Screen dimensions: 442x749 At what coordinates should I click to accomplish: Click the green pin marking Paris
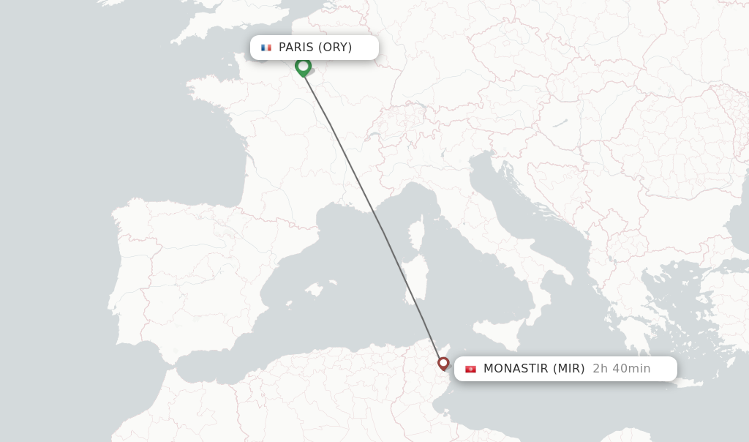click(303, 67)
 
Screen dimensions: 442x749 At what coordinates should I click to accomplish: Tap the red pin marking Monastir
click(443, 363)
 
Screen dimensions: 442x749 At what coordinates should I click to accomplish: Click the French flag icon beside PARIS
click(266, 48)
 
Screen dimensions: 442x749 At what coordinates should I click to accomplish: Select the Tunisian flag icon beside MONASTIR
click(470, 369)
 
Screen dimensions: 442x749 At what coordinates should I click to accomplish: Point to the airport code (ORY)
click(334, 48)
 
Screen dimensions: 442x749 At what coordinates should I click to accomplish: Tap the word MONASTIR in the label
click(516, 369)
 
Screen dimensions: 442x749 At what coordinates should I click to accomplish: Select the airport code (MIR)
click(568, 369)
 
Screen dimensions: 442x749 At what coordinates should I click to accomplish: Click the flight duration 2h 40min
click(621, 369)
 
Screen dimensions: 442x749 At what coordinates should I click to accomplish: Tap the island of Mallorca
click(314, 290)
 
